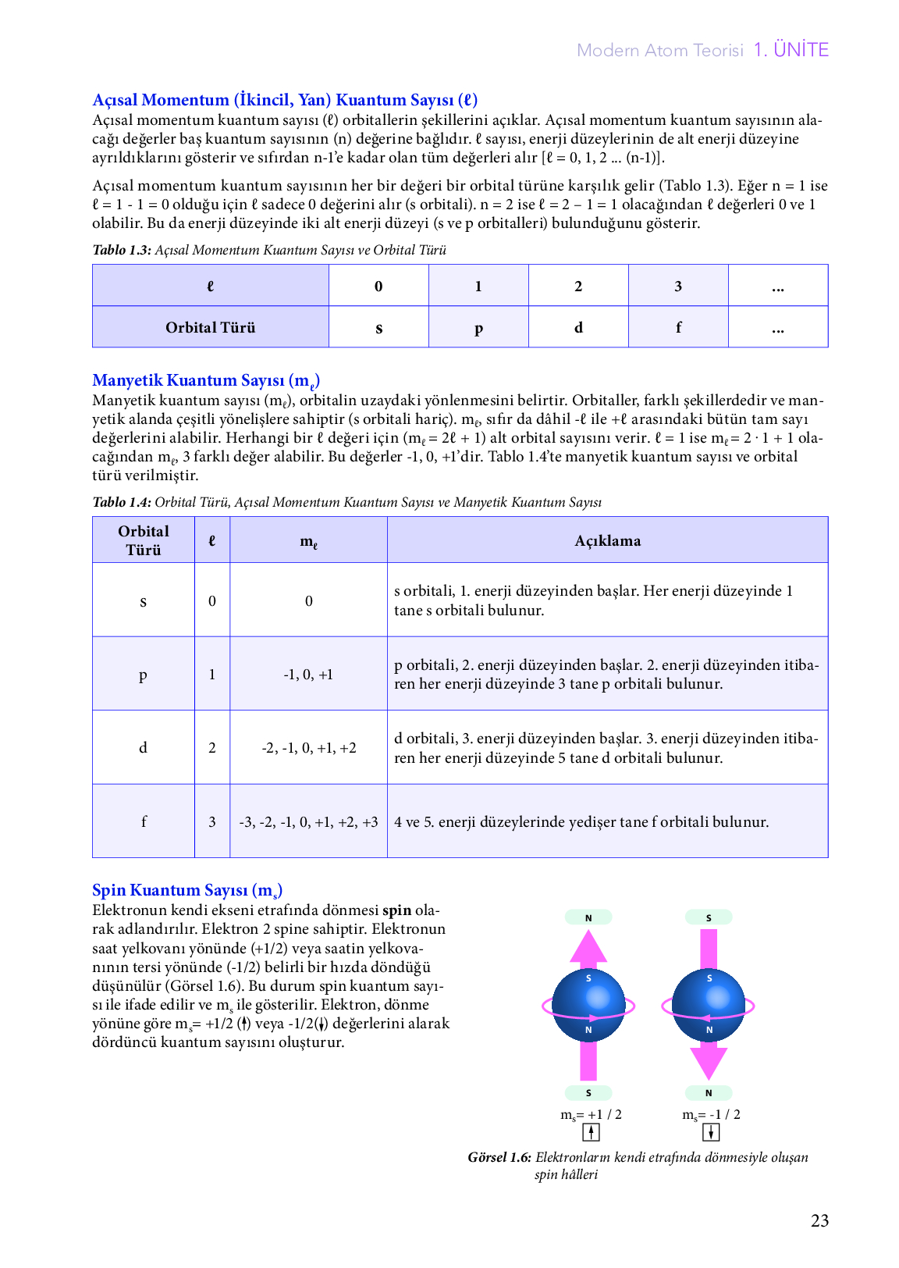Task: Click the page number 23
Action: point(819,1221)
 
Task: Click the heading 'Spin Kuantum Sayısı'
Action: point(187,890)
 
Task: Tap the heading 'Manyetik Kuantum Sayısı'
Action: point(205,380)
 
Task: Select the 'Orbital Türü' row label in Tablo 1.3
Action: point(210,327)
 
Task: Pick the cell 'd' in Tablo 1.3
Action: point(578,327)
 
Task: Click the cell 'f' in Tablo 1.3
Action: point(678,327)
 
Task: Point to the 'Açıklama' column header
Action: point(607,540)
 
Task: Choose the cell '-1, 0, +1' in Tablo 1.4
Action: point(308,675)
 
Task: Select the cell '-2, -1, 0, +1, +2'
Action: point(308,748)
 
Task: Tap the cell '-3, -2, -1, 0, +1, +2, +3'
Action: point(308,821)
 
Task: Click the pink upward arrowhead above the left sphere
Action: point(588,946)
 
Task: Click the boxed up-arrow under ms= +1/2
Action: point(592,1132)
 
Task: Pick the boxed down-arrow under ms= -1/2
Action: point(711,1132)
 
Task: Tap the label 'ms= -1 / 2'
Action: point(711,1114)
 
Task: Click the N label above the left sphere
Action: point(588,917)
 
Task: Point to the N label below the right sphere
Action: point(709,1093)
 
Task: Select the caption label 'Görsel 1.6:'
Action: point(499,1157)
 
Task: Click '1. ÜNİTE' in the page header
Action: point(791,50)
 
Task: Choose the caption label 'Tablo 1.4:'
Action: point(122,502)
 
